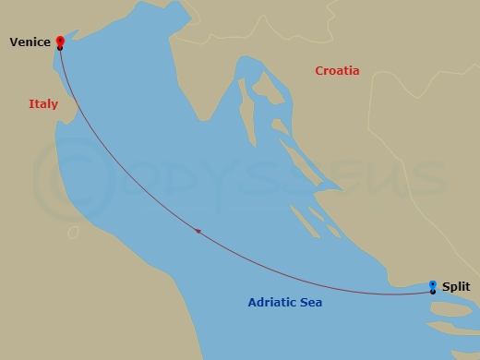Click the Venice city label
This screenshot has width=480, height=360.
[30, 42]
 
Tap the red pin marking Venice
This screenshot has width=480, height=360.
[60, 41]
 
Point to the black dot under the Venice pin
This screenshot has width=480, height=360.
[60, 48]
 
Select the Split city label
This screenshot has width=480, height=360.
[455, 287]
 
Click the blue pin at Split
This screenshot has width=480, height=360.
[433, 284]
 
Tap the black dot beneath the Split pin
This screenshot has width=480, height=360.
[433, 292]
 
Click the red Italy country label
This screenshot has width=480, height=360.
[43, 104]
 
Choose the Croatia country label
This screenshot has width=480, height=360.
[337, 71]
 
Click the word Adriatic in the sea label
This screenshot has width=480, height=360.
[272, 302]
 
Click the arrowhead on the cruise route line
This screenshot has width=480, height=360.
[198, 232]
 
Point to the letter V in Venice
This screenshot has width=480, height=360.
[13, 42]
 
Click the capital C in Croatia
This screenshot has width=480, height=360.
[319, 71]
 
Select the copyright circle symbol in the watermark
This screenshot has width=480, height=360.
[62, 175]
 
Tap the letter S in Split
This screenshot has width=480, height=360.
[445, 287]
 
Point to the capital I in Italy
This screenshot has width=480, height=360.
[30, 104]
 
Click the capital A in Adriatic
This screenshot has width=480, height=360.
[252, 302]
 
